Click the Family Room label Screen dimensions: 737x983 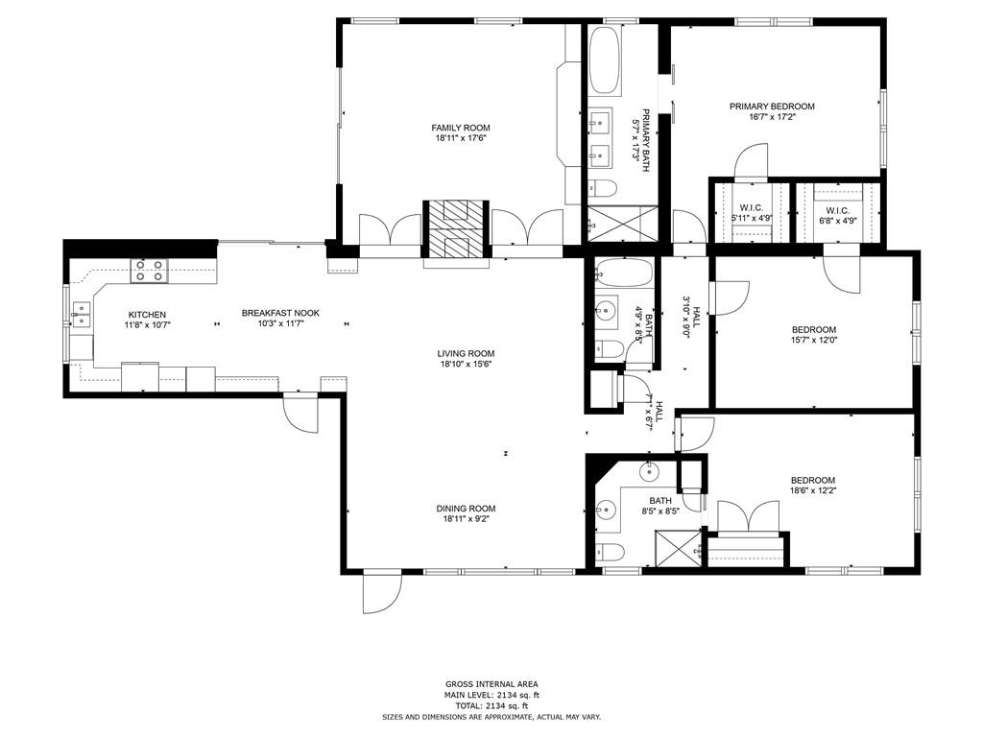pos(461,128)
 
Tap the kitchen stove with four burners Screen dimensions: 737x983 pos(147,270)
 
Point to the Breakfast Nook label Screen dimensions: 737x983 pos(280,313)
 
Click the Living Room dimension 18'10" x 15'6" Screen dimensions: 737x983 pos(467,365)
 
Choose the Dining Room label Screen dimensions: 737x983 pos(467,509)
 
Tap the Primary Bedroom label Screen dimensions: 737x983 pos(772,107)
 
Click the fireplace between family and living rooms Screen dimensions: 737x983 pos(457,230)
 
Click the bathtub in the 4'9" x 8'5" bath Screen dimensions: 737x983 pos(623,275)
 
